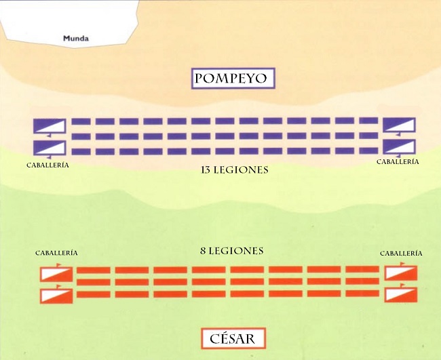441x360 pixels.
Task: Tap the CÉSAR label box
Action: click(233, 338)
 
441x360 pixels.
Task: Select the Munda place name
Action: click(76, 39)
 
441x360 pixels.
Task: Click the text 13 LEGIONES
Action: click(234, 170)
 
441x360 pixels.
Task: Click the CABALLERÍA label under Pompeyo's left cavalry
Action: click(48, 164)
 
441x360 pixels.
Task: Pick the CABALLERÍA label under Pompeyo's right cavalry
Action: click(398, 161)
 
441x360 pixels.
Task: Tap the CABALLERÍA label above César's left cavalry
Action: click(56, 253)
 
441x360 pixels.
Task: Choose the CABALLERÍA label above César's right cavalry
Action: click(401, 253)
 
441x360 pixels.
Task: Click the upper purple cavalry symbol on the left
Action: click(50, 126)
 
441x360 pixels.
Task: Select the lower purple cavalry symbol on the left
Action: click(50, 147)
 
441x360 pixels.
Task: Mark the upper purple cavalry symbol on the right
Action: click(399, 125)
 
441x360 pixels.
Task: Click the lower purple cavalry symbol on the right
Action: click(399, 146)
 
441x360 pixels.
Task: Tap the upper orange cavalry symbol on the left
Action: click(56, 273)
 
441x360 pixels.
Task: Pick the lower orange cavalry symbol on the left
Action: click(56, 295)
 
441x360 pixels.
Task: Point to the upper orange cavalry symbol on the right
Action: click(401, 273)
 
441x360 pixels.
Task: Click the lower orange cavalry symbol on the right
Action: click(401, 294)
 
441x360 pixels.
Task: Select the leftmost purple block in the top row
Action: click(81, 121)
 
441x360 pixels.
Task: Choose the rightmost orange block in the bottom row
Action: click(362, 294)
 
